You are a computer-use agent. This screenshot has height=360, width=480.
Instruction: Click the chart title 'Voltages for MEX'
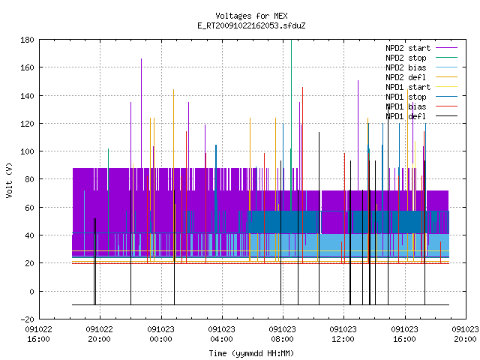point(251,16)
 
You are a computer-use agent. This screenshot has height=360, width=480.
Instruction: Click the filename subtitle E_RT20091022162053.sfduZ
point(251,25)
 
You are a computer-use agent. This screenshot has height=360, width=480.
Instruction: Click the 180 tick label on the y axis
point(27,40)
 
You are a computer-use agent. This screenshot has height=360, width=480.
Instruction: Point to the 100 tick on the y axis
point(27,151)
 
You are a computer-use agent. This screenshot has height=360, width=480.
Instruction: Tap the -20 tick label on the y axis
point(27,319)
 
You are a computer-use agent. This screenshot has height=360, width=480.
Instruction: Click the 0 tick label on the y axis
point(31,292)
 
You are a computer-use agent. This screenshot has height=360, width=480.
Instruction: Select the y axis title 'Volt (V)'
point(9,180)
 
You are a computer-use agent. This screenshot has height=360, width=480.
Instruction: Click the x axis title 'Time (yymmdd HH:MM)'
point(251,353)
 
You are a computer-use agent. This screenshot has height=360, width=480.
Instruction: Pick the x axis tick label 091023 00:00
point(160,334)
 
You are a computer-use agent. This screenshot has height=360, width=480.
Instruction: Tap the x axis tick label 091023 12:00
point(343,334)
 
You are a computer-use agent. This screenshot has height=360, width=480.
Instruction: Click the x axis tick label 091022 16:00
point(38,334)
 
